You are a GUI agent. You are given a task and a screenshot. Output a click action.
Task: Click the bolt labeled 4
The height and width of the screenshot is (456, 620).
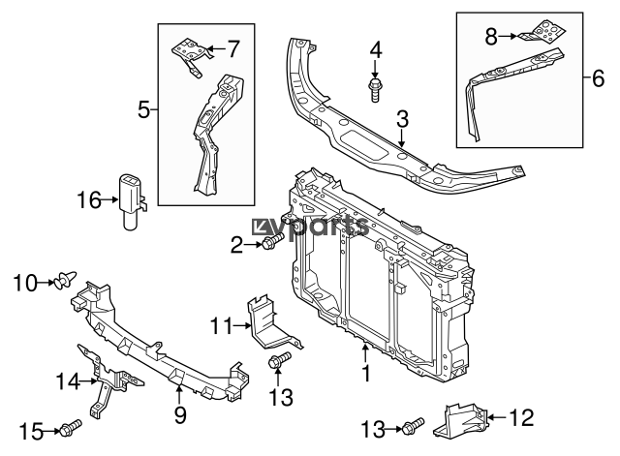375,90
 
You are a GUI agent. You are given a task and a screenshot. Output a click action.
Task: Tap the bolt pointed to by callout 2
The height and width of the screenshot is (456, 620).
273,241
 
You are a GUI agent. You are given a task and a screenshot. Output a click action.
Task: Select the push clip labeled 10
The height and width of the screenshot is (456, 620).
65,280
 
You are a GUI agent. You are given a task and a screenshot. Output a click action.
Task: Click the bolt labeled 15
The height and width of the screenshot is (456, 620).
71,428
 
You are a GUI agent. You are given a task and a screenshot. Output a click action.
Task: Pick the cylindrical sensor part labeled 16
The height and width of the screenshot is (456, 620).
132,201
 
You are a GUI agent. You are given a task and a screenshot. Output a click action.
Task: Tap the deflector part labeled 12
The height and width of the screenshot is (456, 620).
461,419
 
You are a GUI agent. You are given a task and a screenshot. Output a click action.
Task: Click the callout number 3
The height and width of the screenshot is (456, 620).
402,119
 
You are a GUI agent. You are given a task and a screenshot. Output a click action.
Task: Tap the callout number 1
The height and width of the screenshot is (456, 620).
366,373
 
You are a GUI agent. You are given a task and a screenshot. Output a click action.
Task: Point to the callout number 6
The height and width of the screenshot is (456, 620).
598,78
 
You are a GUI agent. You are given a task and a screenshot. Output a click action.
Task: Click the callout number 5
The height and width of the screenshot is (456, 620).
144,109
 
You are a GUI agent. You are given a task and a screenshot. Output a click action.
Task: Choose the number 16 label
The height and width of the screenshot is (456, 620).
89,200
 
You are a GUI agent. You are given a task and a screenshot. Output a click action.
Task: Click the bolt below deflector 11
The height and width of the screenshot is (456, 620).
279,360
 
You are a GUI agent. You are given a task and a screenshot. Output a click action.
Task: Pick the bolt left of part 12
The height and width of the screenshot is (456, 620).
414,427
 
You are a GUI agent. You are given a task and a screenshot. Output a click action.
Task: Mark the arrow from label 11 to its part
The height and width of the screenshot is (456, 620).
243,325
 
